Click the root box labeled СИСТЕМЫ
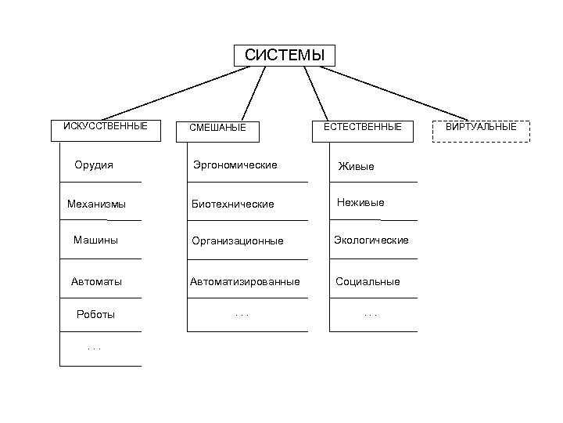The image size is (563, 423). (x=284, y=56)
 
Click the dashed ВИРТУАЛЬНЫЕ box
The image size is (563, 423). (x=481, y=131)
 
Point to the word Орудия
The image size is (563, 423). (x=94, y=164)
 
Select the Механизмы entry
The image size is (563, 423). (x=97, y=204)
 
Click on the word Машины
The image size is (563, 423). (x=95, y=240)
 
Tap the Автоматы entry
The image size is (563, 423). (x=96, y=280)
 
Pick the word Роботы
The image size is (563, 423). (x=95, y=314)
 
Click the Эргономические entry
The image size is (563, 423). (x=235, y=165)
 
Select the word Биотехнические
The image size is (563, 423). (x=233, y=204)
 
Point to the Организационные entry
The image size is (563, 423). (x=238, y=240)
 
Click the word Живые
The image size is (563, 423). (x=356, y=166)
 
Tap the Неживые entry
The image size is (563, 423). (x=360, y=203)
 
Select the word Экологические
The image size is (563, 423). (x=371, y=240)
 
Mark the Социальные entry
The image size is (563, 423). (x=368, y=281)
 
